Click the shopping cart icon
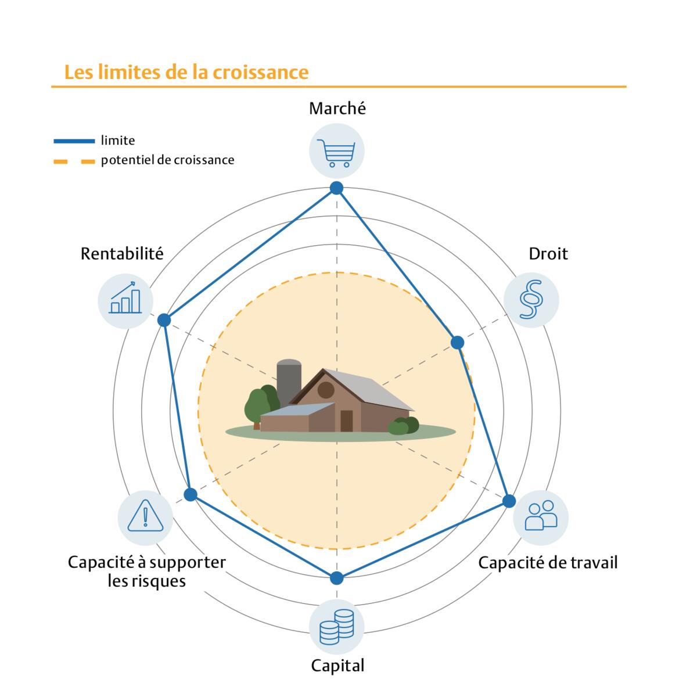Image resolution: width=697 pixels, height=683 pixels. click(336, 152)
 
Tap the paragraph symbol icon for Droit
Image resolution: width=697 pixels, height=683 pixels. click(531, 300)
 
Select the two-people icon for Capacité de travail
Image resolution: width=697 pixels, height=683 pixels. click(541, 516)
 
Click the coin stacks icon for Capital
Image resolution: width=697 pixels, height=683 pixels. click(336, 627)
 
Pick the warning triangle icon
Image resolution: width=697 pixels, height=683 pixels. click(145, 516)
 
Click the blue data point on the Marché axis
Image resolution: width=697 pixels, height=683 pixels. click(336, 188)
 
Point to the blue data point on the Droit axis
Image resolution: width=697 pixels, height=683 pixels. click(457, 342)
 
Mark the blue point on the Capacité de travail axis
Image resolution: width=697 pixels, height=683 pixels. click(509, 501)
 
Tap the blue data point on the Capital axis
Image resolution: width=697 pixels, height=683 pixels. click(336, 578)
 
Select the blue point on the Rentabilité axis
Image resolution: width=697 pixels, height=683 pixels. click(164, 320)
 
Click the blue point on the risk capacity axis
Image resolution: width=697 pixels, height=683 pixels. click(191, 494)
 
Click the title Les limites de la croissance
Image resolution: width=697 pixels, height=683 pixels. click(186, 72)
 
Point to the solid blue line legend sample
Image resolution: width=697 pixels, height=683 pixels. click(74, 141)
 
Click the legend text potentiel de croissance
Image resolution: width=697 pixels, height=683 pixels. click(167, 160)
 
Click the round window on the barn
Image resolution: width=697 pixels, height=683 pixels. click(325, 390)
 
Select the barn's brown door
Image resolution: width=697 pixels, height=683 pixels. click(347, 421)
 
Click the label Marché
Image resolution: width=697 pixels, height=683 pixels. click(337, 109)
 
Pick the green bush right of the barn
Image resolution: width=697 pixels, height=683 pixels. click(403, 426)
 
